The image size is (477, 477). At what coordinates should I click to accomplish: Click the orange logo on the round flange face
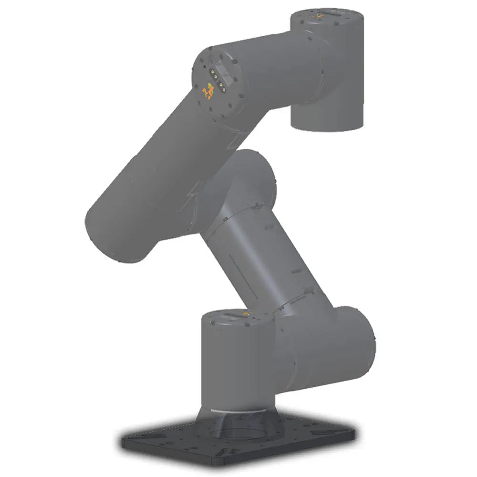click(208, 90)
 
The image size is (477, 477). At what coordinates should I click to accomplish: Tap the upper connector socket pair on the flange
click(213, 74)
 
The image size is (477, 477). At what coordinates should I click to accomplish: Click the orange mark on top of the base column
click(245, 314)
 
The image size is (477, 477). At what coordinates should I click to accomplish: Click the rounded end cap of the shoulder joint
click(358, 343)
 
